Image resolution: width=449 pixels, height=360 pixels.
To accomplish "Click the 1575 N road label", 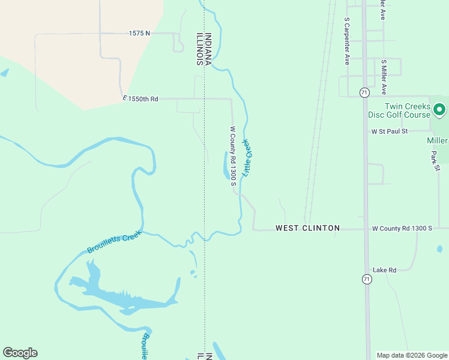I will click(x=139, y=34).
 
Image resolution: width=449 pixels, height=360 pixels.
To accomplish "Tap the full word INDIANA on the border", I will click(x=208, y=48).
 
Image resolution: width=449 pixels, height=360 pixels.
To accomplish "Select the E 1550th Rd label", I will click(x=140, y=98).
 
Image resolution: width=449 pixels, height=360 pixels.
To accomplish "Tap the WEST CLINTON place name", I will click(x=307, y=228).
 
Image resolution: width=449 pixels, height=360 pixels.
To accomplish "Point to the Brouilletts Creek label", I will click(x=114, y=242).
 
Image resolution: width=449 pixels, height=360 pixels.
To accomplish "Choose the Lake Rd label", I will click(x=384, y=270).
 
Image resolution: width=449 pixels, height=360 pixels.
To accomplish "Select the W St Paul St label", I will click(x=389, y=131).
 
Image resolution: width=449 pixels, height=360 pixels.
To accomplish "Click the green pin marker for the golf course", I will click(x=439, y=110).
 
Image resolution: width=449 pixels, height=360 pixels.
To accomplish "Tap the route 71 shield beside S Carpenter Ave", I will click(x=364, y=92).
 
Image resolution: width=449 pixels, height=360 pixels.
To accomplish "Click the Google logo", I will click(x=20, y=353).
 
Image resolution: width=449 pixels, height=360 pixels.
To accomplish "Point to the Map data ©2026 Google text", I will click(x=412, y=355).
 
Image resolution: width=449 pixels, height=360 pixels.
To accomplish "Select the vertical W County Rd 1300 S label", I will click(x=233, y=156).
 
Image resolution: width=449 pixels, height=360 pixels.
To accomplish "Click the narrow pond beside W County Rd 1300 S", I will click(x=226, y=166).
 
